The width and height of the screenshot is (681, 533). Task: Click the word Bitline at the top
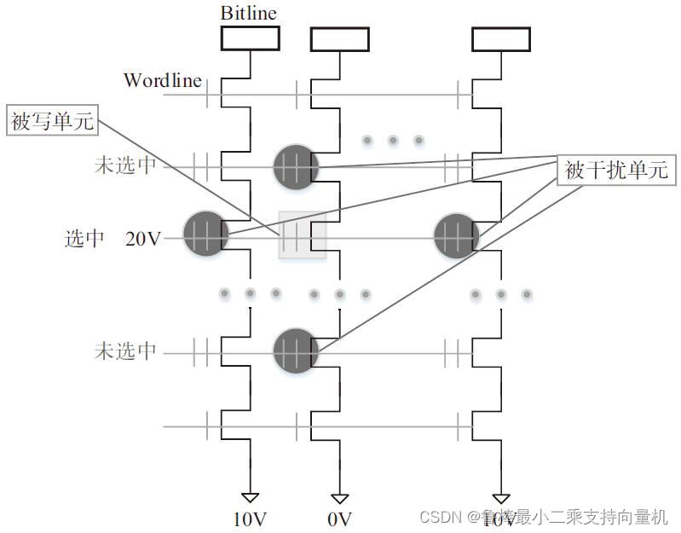[249, 13]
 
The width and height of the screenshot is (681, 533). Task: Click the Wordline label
[163, 80]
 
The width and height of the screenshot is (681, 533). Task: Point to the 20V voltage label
[143, 239]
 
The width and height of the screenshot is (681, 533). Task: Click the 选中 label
[84, 239]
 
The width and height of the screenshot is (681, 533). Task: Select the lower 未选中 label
[125, 351]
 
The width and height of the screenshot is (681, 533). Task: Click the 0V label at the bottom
[338, 518]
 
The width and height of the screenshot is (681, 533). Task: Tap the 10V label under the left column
[250, 518]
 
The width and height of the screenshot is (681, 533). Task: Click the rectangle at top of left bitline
[250, 38]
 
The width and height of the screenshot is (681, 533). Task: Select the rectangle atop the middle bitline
[339, 38]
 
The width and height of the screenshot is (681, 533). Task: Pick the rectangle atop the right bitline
[501, 38]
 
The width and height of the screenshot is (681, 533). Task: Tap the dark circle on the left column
[207, 233]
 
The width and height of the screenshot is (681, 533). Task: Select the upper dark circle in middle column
[296, 166]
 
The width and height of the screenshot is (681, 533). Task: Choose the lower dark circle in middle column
[296, 351]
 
